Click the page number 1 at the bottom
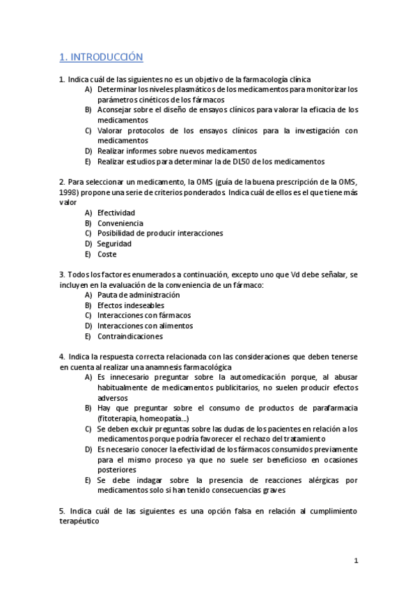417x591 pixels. point(356,560)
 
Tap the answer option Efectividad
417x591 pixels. point(116,213)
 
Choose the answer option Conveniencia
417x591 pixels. point(120,223)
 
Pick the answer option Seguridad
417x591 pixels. point(114,244)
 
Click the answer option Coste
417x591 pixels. point(107,254)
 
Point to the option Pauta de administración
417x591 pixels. point(139,295)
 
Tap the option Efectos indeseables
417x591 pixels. point(131,305)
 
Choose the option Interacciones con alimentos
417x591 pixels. point(145,325)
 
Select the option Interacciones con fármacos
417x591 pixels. point(143,316)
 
